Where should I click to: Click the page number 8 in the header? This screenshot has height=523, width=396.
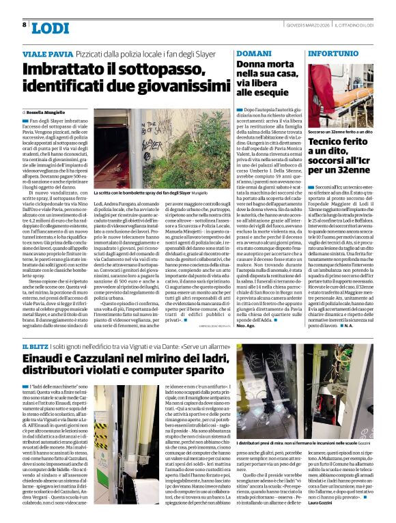25,25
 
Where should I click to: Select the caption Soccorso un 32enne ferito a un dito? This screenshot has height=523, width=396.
342,129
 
